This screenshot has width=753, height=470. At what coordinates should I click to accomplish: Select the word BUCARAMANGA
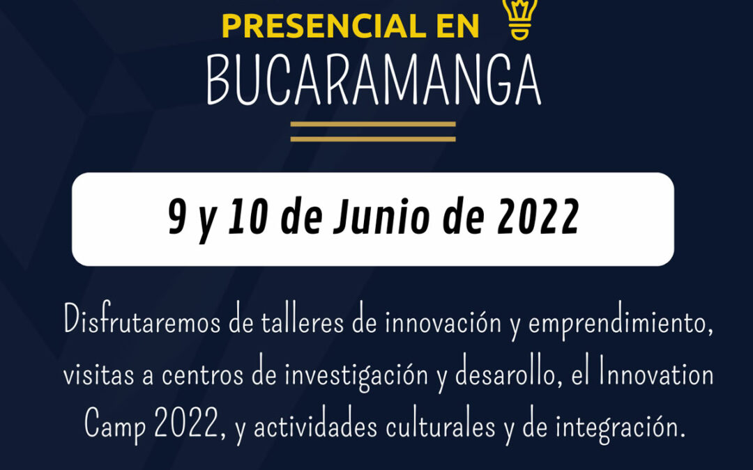pos(374,81)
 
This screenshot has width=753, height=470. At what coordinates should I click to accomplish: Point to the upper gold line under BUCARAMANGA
pos(373,125)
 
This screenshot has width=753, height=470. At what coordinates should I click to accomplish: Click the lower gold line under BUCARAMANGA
pos(373,139)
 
